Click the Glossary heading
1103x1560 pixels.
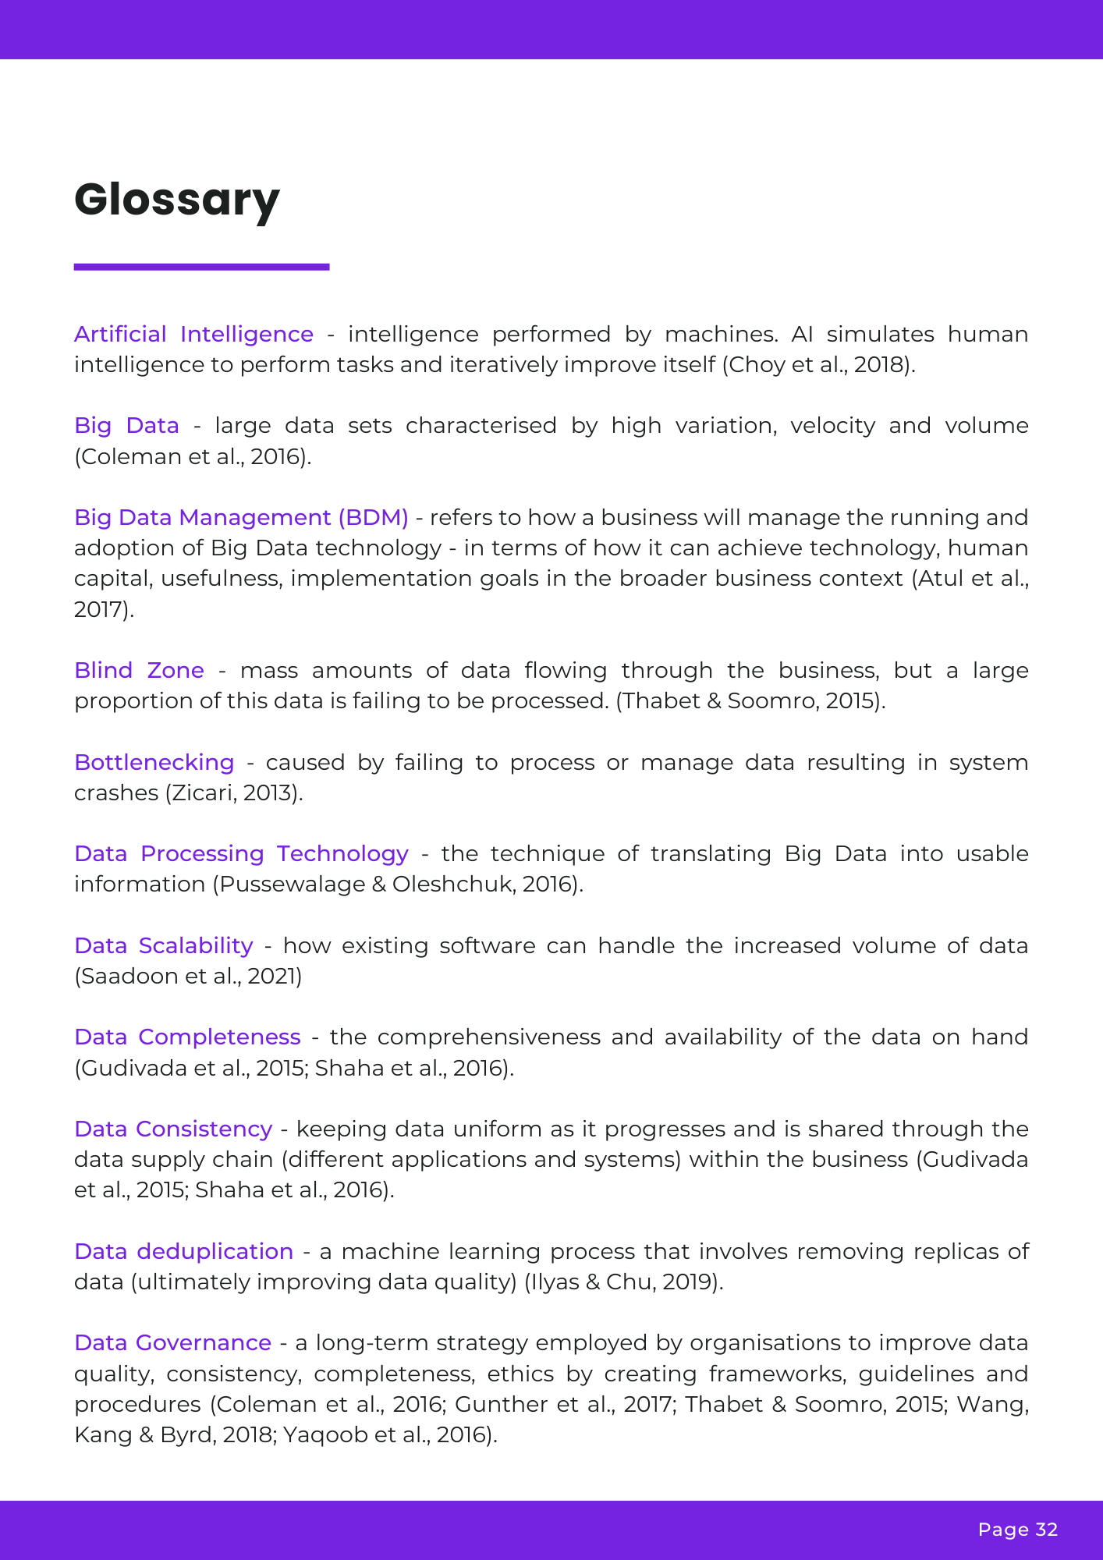[177, 200]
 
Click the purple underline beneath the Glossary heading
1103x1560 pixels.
[201, 267]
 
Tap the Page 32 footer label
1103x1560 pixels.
[1017, 1530]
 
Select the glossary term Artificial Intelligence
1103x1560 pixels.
[193, 334]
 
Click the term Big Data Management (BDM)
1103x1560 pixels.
[241, 517]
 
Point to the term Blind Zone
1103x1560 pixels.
[139, 670]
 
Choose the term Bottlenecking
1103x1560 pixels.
[154, 762]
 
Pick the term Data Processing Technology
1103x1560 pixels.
[241, 853]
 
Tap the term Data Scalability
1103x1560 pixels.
[163, 945]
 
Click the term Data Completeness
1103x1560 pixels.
[187, 1037]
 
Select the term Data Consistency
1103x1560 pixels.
[173, 1129]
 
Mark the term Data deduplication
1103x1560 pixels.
[183, 1251]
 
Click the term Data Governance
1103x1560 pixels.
[172, 1342]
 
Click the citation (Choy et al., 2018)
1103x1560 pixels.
[818, 364]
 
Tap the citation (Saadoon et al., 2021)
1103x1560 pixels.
[188, 976]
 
